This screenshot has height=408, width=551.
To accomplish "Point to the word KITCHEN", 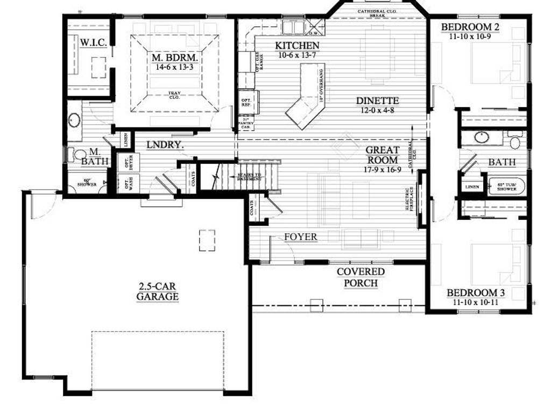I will (x=297, y=46).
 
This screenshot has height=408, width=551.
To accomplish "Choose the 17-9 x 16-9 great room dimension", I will (x=382, y=169).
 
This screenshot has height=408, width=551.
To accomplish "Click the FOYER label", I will (x=300, y=237).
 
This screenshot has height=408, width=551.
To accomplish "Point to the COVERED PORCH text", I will (x=361, y=277).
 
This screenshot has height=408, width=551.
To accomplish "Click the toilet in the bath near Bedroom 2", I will (x=515, y=141).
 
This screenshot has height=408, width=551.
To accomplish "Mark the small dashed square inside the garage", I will (x=207, y=240).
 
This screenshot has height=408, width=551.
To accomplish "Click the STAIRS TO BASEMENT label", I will (x=249, y=177).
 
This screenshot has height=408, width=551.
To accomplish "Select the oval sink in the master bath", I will (x=74, y=120).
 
